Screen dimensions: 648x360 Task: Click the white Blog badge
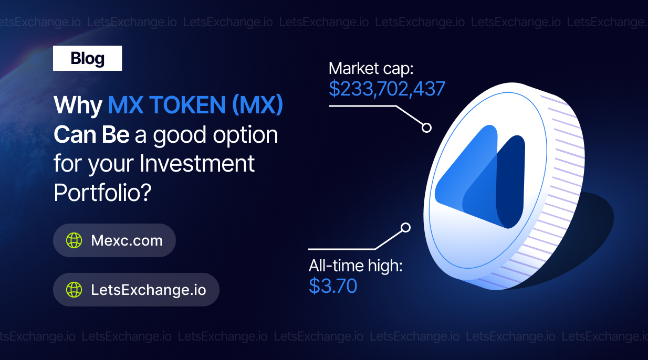(87, 58)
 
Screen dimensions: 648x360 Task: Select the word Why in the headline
(78, 105)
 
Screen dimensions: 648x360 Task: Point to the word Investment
(197, 163)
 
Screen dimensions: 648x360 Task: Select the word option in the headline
(245, 135)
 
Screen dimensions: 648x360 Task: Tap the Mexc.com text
(127, 240)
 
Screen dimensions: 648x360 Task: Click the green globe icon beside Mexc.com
(74, 240)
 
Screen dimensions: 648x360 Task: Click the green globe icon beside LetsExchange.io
(74, 290)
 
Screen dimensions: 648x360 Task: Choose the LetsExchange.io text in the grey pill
(149, 290)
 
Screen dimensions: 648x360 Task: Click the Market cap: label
(371, 69)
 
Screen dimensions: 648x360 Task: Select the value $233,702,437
(387, 89)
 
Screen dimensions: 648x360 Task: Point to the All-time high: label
(356, 266)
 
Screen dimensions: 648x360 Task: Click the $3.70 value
(333, 286)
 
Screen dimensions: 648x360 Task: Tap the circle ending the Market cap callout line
(426, 128)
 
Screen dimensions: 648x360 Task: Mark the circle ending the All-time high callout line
(405, 228)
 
